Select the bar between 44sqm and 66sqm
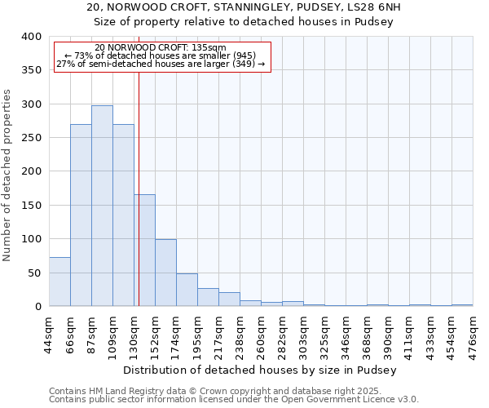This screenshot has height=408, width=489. pos(59,282)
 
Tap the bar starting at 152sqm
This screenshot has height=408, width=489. pos(165,273)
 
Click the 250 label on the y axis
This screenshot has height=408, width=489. pos(31,138)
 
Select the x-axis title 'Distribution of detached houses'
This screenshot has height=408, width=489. pos(261,370)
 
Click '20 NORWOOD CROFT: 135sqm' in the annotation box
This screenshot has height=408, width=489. pos(161,47)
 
